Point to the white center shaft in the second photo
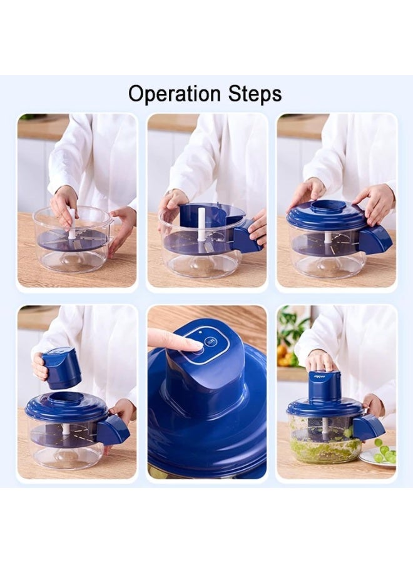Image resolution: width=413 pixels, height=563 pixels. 201,224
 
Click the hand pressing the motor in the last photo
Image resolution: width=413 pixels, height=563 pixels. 321,360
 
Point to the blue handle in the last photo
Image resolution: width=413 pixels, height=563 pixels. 369,427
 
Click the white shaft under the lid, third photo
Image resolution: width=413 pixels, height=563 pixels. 327,238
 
